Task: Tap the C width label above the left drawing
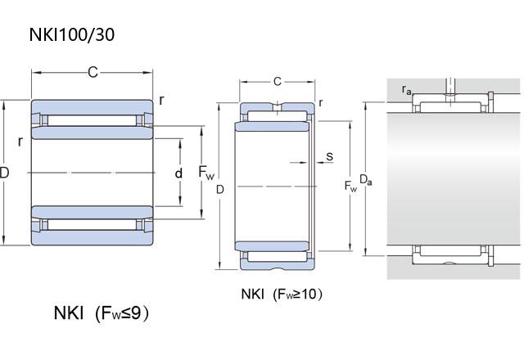click(93, 73)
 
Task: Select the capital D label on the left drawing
click(5, 173)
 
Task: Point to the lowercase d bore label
click(178, 173)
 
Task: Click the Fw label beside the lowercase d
click(206, 173)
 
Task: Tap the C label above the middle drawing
click(278, 81)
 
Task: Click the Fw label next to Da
click(351, 187)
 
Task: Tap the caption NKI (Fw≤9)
click(102, 313)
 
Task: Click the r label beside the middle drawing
click(320, 101)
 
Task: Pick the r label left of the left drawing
click(20, 141)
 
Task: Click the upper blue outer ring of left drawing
click(92, 107)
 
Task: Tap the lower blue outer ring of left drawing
click(92, 238)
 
